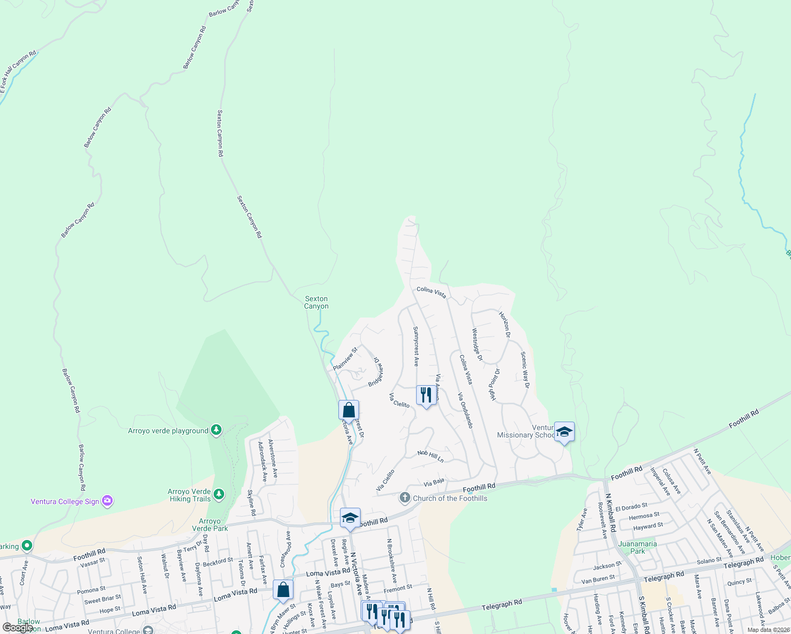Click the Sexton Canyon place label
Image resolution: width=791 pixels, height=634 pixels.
316,302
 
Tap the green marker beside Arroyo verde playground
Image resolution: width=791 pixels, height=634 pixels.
216,431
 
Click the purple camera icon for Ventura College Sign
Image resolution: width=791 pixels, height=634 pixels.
107,501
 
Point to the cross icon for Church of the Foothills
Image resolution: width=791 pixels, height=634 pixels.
404,498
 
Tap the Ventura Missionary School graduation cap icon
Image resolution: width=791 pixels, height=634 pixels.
564,432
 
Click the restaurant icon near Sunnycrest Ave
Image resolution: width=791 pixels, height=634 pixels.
426,395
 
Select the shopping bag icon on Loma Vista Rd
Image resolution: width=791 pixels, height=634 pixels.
283,590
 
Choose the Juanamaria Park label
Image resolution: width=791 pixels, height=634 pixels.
637,547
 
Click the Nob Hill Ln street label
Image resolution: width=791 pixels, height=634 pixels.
430,456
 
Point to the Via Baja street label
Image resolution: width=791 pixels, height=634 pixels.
434,482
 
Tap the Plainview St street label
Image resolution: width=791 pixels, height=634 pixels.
345,358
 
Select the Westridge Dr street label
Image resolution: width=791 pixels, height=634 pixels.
477,344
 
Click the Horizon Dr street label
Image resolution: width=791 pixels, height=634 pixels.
504,324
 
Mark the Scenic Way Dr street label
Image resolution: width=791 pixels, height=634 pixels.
525,370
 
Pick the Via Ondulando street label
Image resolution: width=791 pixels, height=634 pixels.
465,410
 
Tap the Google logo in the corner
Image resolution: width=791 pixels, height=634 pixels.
17,627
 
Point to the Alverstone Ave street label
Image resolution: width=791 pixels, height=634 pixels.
273,458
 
